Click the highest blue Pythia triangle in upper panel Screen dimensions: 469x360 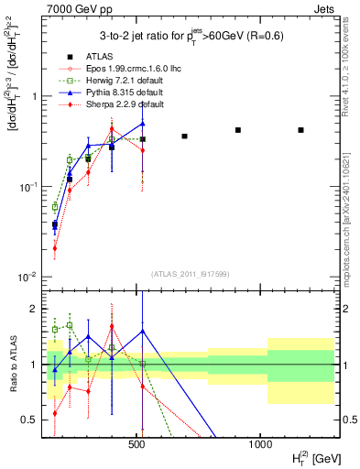pos(143,123)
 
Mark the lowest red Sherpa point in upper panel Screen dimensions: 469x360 pos(55,248)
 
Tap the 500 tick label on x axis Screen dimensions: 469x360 pos(137,444)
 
